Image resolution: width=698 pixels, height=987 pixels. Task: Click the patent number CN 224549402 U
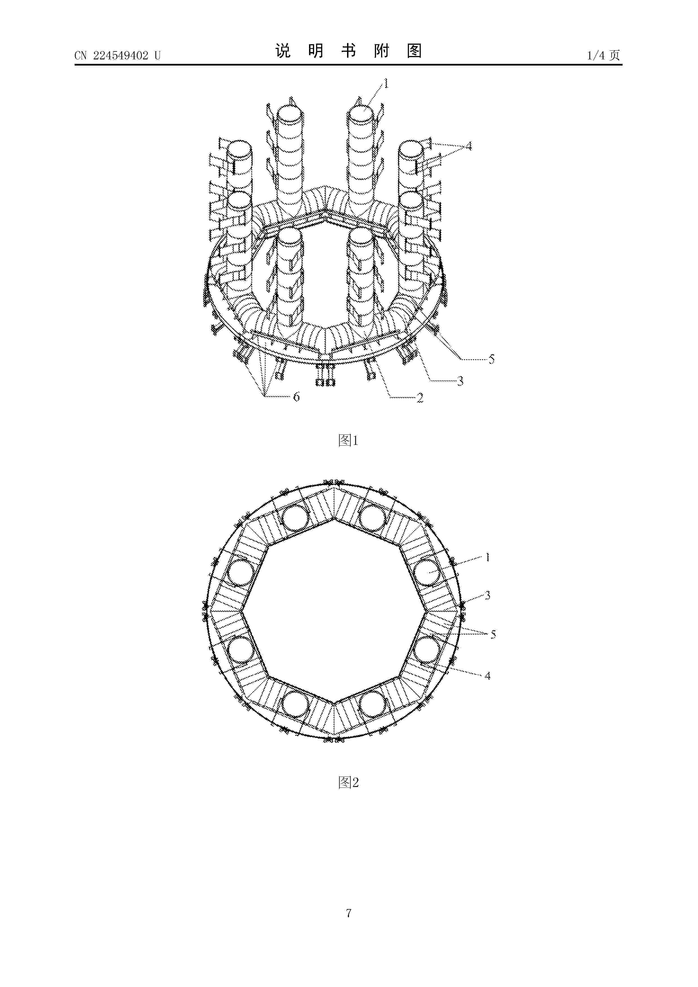click(x=117, y=55)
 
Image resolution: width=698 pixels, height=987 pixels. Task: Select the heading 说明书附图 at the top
click(x=348, y=51)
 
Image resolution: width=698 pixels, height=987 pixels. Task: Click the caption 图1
click(x=348, y=440)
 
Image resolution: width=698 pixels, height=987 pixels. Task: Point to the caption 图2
click(x=348, y=782)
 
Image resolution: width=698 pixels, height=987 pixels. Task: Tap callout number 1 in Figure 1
click(x=386, y=83)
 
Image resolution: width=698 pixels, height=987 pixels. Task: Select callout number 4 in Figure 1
click(x=468, y=146)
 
